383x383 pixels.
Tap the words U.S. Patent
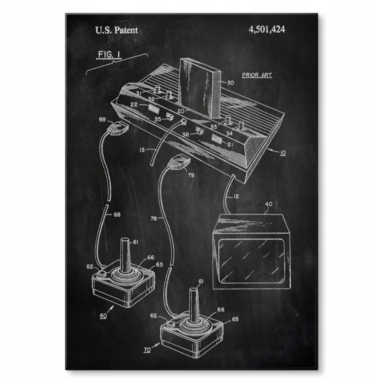point(116,30)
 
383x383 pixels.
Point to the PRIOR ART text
point(257,75)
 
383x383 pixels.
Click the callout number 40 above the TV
point(269,205)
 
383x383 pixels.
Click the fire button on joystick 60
point(102,274)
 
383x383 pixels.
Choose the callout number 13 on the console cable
point(142,150)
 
